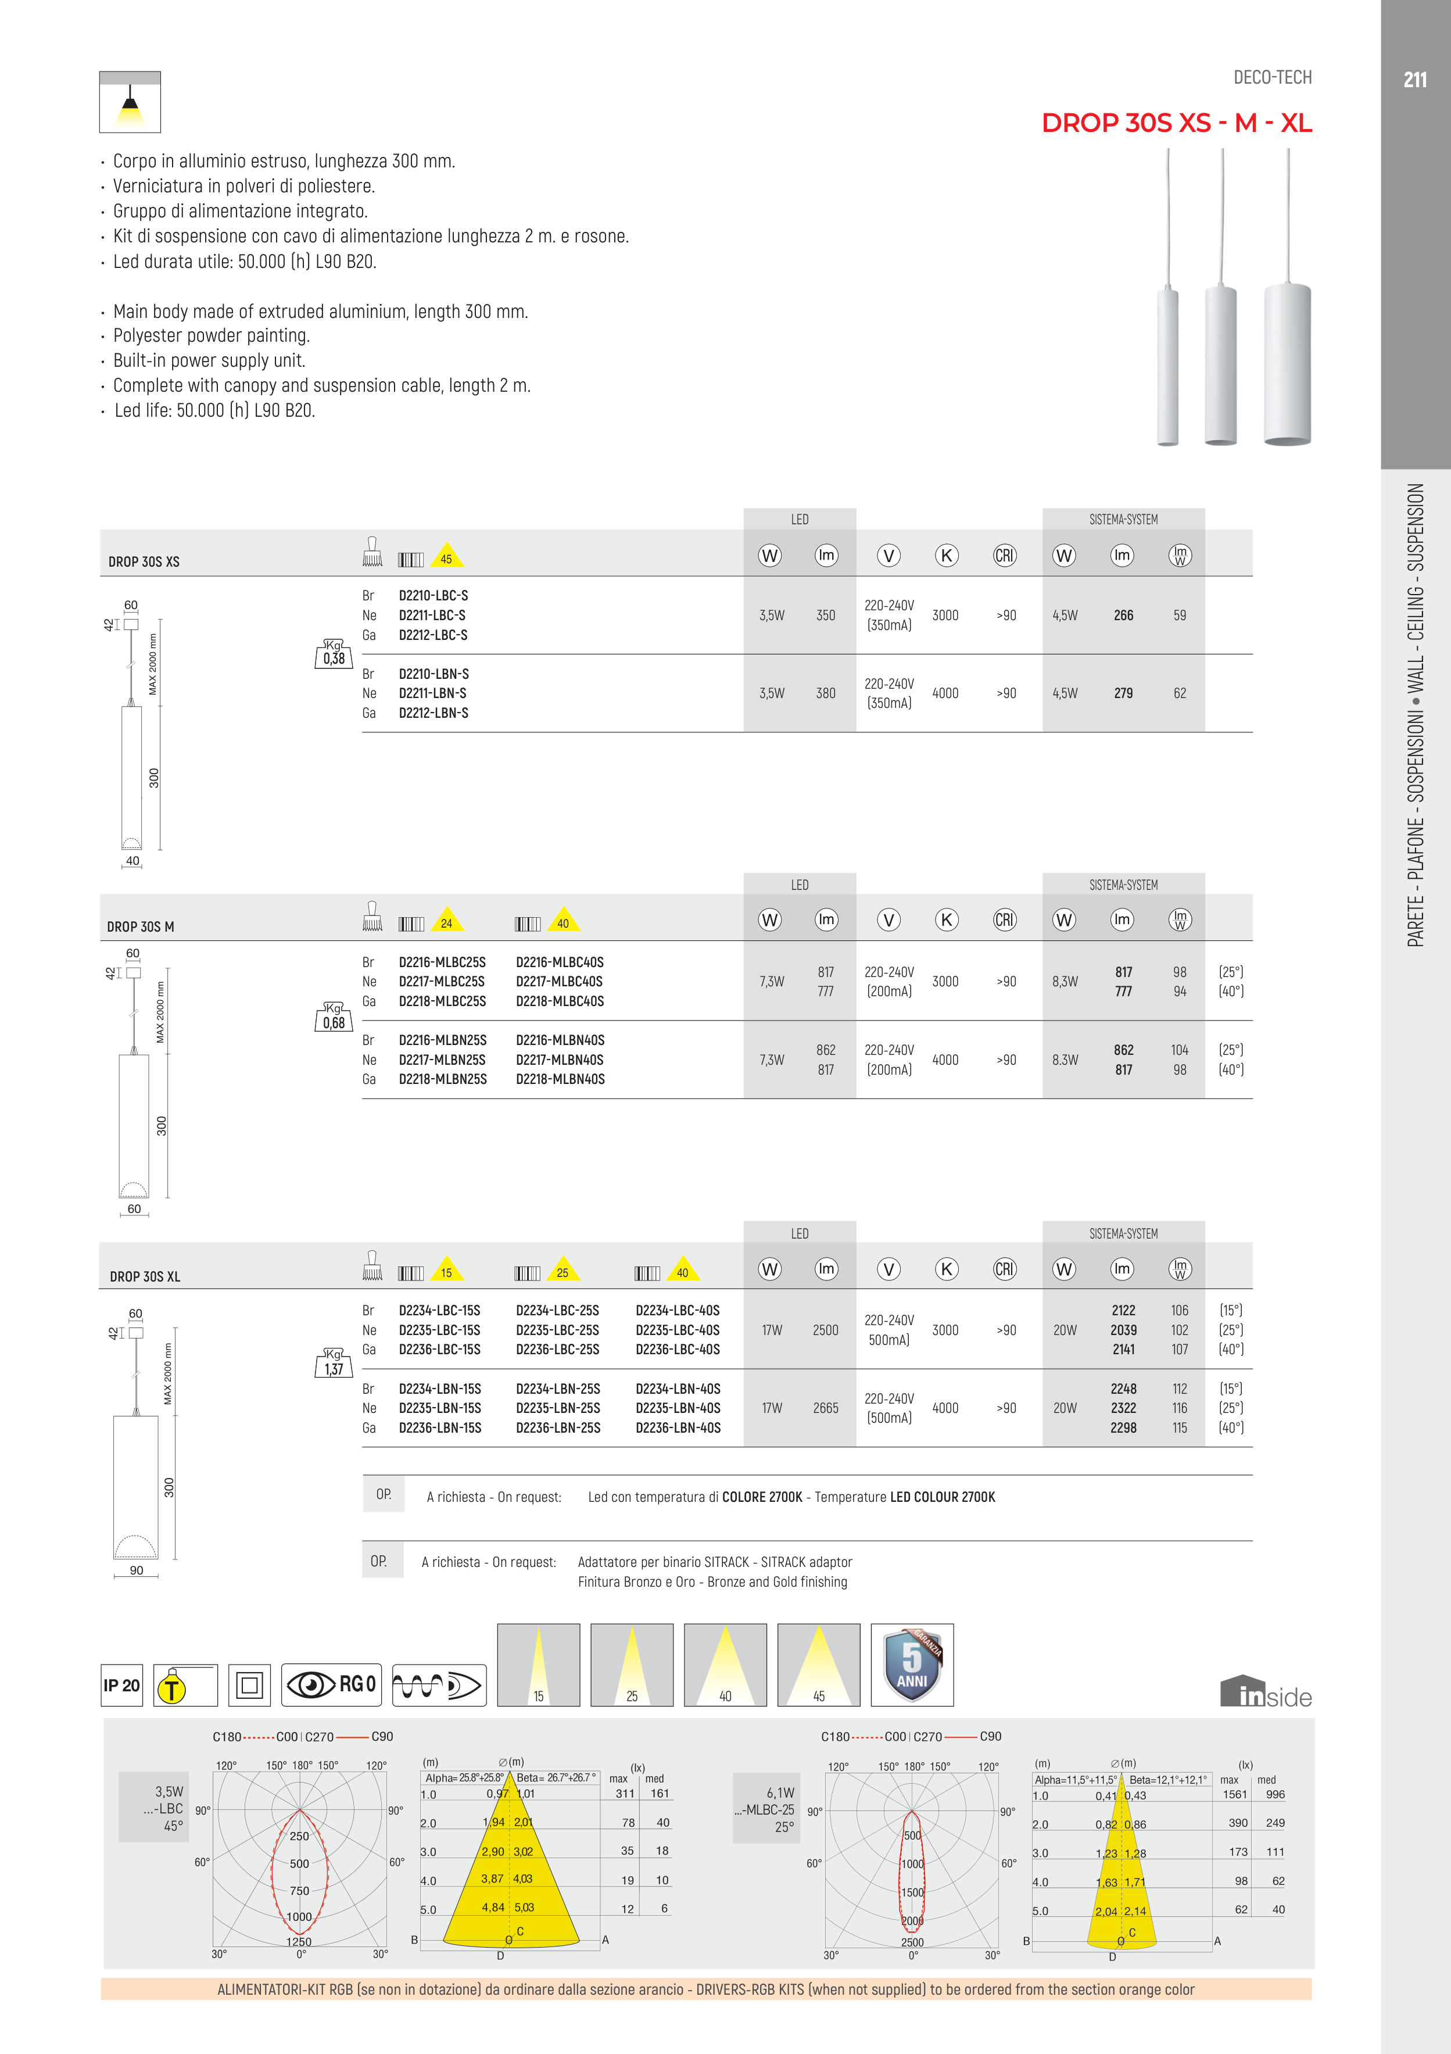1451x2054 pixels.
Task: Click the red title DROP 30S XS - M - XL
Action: pos(1176,123)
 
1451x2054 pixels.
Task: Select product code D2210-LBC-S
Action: pos(433,596)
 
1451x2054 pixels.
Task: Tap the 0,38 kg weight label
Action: pos(334,655)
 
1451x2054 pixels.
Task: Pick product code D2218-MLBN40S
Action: pos(560,1079)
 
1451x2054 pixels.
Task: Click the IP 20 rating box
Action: pos(121,1686)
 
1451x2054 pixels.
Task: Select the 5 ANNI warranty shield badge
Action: pos(912,1665)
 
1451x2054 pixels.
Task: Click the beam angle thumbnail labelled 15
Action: pos(539,1665)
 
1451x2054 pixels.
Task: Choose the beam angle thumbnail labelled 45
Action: pos(819,1665)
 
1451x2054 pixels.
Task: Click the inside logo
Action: pos(1265,1692)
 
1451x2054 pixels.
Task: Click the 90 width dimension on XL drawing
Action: pos(136,1570)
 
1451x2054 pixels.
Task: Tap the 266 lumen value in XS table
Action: pos(1124,616)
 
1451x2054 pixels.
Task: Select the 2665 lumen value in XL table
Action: pos(825,1408)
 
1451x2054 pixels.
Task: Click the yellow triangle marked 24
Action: pos(446,921)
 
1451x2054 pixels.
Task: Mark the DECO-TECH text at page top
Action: pos(1272,78)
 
